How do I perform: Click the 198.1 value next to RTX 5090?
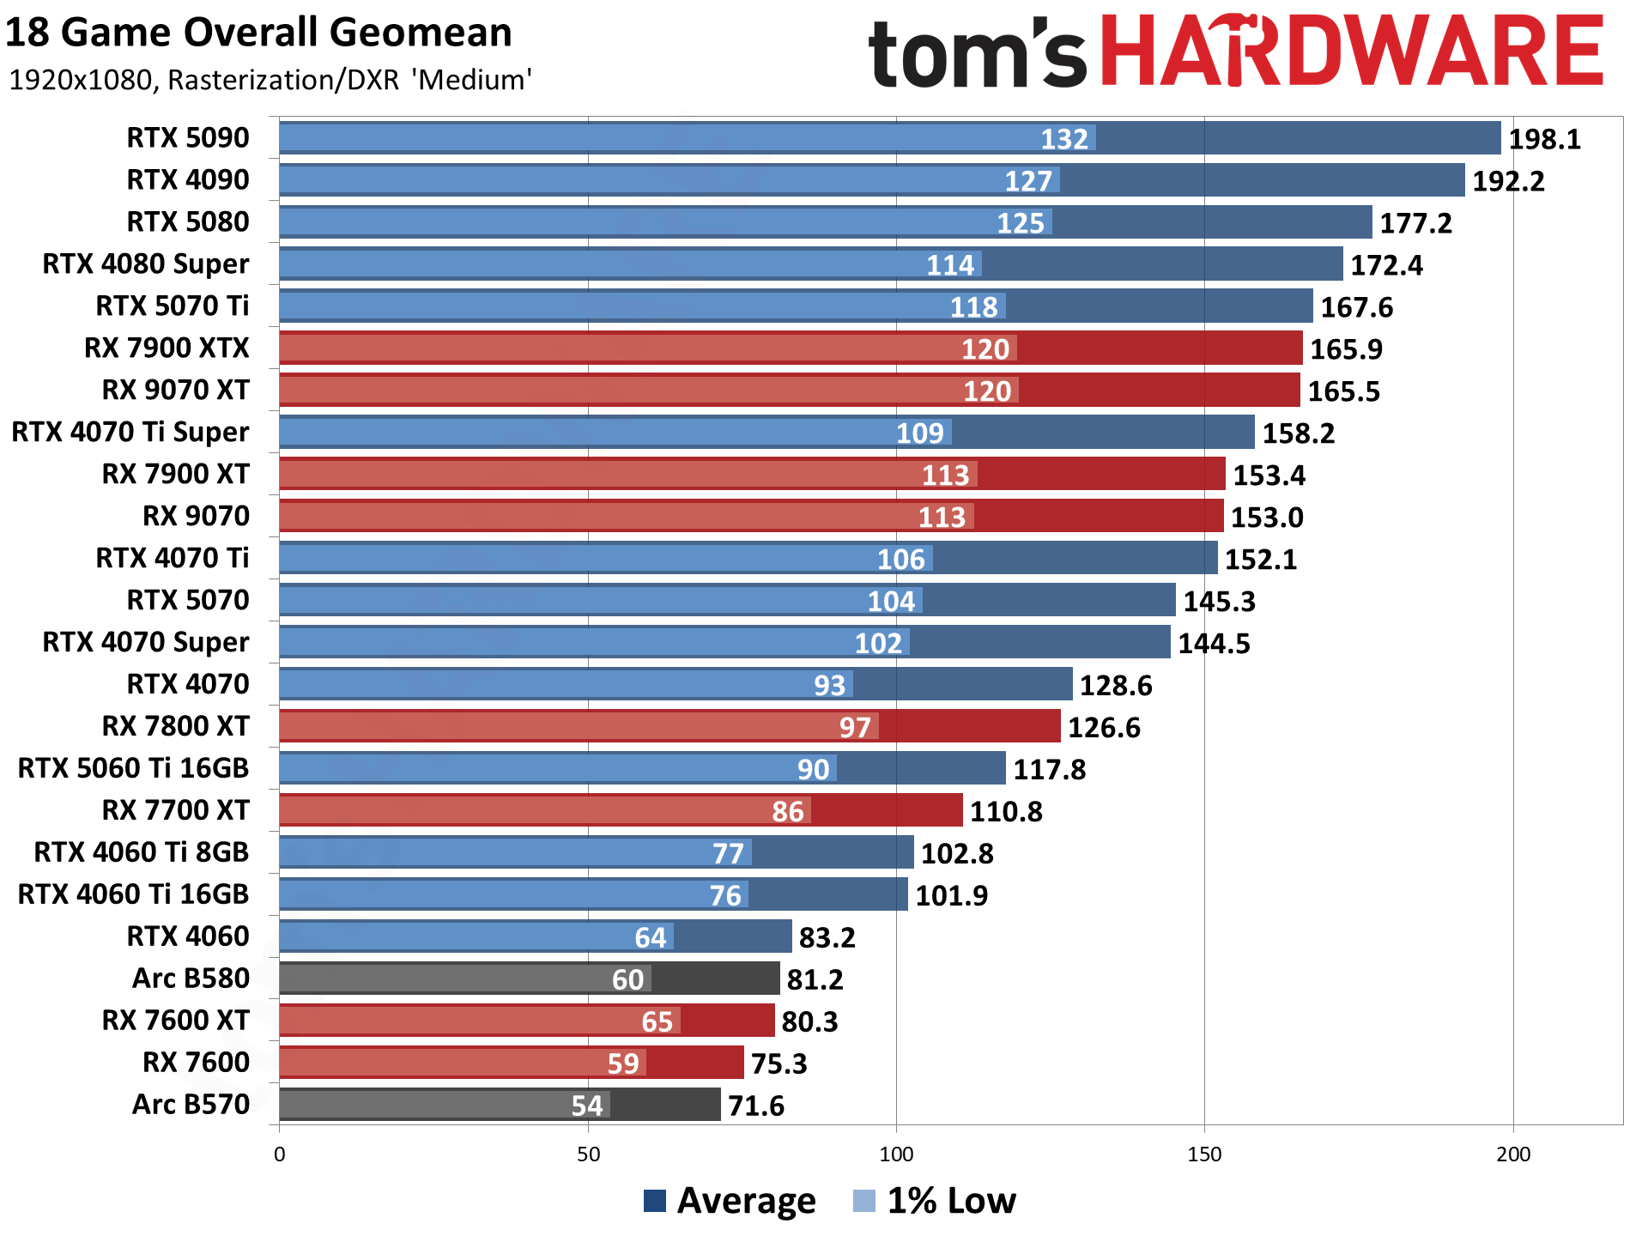(1544, 139)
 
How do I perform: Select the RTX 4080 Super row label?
(146, 264)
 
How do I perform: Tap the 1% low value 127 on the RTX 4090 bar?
(1027, 181)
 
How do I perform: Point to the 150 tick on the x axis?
(1203, 1154)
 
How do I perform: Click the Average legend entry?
(730, 1200)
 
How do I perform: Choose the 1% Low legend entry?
(936, 1200)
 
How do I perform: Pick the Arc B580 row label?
(191, 978)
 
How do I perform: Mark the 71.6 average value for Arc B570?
(755, 1106)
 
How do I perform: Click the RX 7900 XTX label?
(167, 348)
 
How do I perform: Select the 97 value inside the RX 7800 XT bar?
(854, 728)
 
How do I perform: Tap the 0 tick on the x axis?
(280, 1154)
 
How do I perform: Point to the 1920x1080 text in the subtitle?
(82, 80)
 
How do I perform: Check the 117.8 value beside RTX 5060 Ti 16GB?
(1049, 770)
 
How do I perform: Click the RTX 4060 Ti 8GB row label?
(142, 852)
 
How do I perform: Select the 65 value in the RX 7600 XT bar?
(657, 1022)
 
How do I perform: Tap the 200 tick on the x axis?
(1512, 1154)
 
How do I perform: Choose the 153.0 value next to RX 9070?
(1266, 518)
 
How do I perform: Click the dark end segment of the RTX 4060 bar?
(732, 936)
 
